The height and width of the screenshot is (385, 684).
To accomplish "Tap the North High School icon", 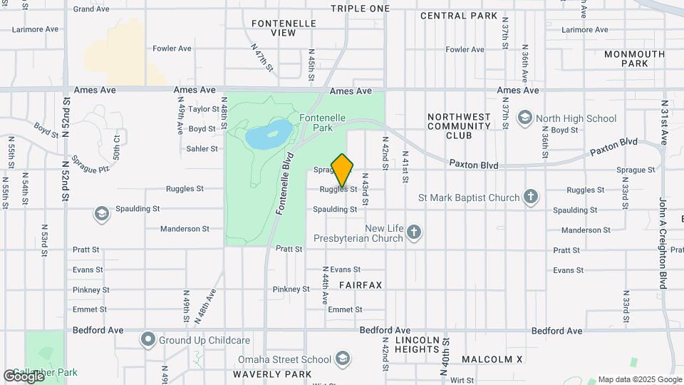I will [525, 118].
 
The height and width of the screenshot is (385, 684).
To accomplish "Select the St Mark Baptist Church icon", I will [531, 197].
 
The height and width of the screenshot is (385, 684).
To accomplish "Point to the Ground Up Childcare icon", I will [148, 339].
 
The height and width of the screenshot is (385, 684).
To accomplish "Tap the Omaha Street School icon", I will [343, 358].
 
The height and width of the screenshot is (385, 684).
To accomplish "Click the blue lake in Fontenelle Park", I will [268, 133].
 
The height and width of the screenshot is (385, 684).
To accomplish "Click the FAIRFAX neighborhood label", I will [361, 285].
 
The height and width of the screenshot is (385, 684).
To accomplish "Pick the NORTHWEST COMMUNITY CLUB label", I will [460, 126].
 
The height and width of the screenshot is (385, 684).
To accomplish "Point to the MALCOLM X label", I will [492, 359].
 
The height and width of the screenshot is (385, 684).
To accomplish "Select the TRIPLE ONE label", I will [361, 9].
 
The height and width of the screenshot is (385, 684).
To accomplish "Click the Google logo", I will [24, 375].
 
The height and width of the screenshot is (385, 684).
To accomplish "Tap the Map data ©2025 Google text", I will [640, 379].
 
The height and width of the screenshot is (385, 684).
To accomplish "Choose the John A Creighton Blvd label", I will [663, 242].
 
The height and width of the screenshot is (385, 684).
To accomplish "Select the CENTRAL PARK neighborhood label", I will [457, 15].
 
